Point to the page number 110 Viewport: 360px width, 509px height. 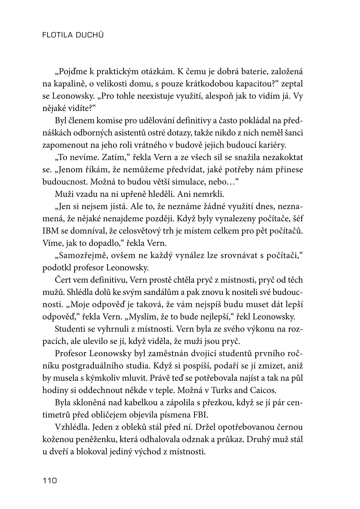pos(50,481)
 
